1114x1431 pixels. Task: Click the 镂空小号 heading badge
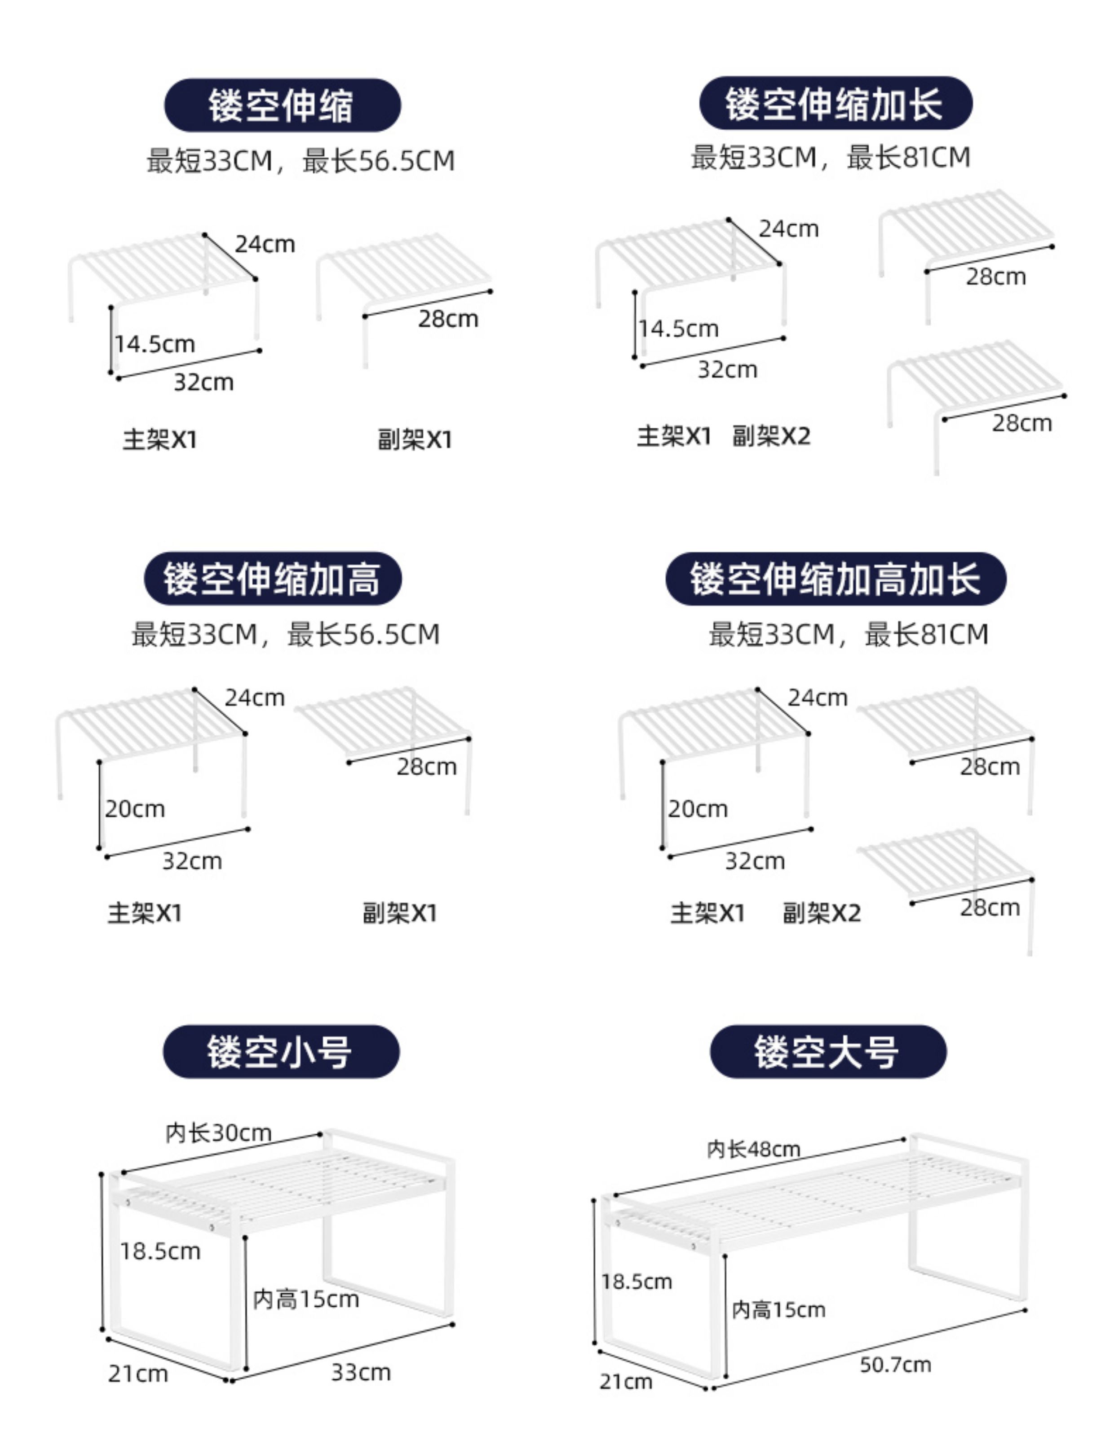[281, 1052]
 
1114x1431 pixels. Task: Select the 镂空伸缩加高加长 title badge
[835, 579]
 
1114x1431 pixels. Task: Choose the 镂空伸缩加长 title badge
[835, 104]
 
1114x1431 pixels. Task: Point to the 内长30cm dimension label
[218, 1133]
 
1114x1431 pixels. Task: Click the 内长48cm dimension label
[753, 1149]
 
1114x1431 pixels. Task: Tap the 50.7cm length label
[895, 1365]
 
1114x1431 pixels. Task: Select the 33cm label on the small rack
[361, 1373]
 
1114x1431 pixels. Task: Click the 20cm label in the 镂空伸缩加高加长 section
[698, 809]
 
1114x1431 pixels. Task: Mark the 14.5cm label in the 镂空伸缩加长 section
[679, 329]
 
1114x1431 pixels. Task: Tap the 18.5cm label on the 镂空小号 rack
[160, 1251]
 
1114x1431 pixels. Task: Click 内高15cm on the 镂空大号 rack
[778, 1310]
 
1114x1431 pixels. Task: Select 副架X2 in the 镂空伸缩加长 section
[771, 436]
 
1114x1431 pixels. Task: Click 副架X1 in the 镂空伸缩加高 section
[400, 913]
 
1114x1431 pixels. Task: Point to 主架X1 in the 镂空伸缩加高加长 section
[707, 913]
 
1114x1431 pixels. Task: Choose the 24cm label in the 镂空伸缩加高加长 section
[818, 698]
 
